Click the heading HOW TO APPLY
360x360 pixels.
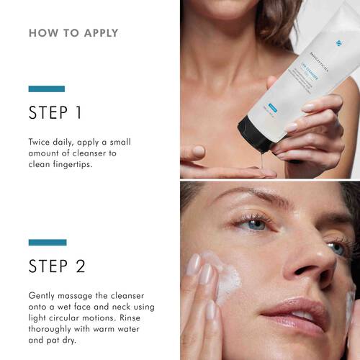click(73, 33)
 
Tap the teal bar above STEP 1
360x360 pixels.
click(47, 89)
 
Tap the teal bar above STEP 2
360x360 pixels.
click(47, 243)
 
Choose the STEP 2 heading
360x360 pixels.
click(58, 266)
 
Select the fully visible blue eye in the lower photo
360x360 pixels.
click(257, 225)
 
